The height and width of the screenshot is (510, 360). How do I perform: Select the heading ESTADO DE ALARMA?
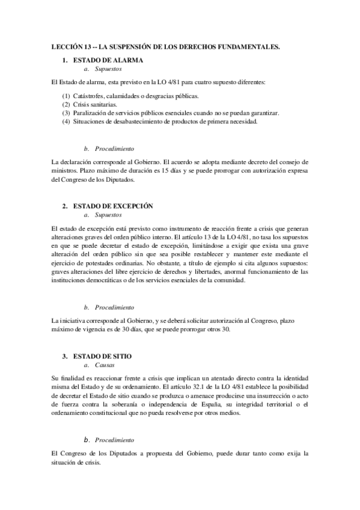tap(108, 61)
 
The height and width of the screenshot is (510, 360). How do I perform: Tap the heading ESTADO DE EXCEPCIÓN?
tap(112, 206)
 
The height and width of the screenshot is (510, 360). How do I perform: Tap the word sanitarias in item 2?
tap(104, 105)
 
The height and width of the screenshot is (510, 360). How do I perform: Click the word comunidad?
tap(230, 280)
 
